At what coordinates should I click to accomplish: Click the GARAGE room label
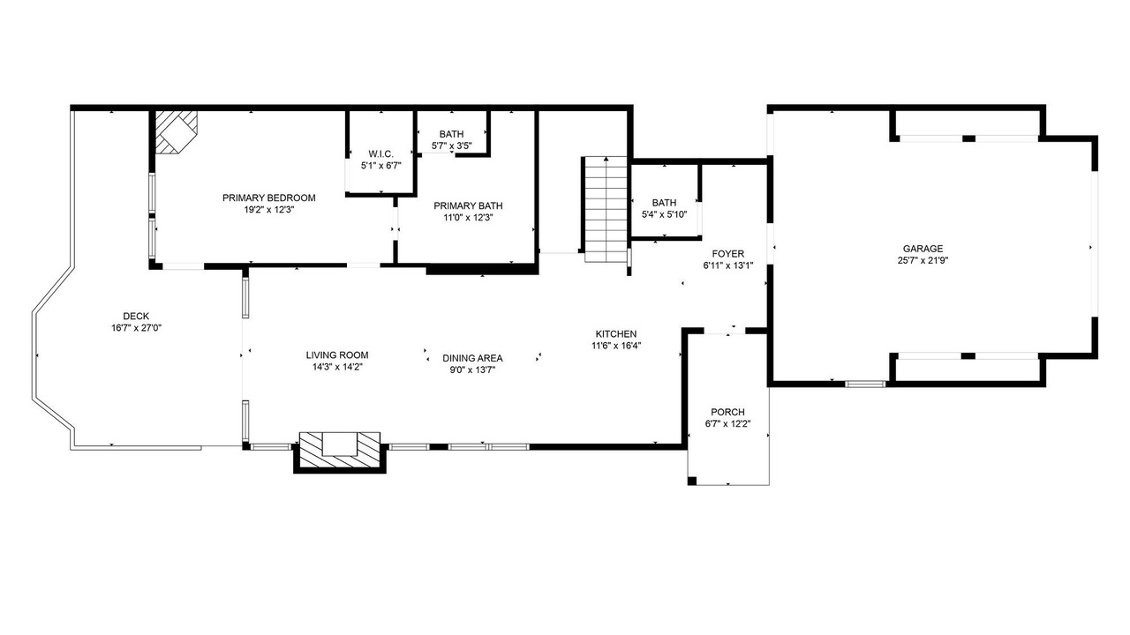923,249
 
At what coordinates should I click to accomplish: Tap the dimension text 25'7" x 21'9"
923,260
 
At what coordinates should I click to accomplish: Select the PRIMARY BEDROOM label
269,198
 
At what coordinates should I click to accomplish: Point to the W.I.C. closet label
380,153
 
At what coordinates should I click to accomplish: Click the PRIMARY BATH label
468,205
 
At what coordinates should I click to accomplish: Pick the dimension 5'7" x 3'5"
451,146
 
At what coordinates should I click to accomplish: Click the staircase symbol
606,209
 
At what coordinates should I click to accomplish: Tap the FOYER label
728,253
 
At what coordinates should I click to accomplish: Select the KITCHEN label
616,333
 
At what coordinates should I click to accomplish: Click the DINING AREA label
472,358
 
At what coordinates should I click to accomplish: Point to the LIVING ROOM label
337,355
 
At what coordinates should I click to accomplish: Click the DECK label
136,316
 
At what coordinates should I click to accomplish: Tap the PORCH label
728,412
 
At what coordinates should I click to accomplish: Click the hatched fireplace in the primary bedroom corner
175,131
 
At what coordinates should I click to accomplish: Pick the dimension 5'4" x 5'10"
665,214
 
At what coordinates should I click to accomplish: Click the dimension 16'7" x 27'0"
136,328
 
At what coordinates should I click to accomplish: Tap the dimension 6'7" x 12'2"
728,424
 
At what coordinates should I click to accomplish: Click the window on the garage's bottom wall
865,384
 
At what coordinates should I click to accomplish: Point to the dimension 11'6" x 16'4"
616,346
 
